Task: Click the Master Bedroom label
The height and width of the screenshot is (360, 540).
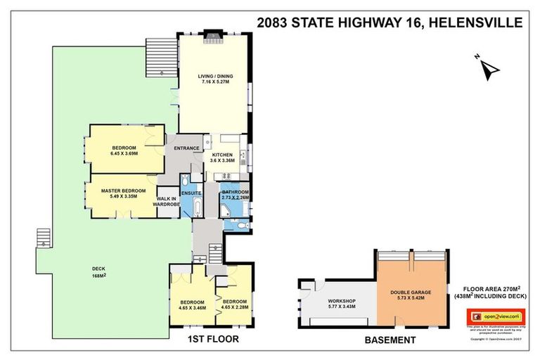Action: pos(123,191)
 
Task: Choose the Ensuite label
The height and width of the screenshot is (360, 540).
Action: pos(191,193)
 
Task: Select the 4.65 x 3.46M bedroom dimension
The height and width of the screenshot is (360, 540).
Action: pos(192,307)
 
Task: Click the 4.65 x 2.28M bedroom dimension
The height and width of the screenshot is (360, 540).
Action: pos(234,307)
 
